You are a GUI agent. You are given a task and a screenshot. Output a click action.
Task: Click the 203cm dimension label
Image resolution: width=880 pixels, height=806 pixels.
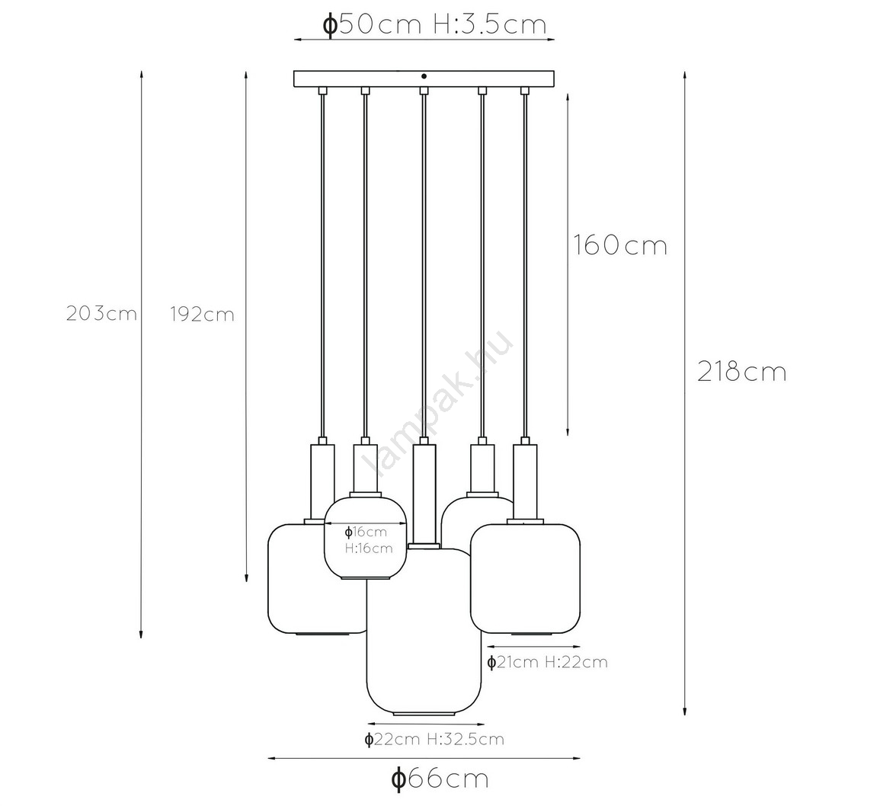(101, 313)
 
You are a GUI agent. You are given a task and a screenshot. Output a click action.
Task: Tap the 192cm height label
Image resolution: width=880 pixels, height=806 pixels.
(202, 315)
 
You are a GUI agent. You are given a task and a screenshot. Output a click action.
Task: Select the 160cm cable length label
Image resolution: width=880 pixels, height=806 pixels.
(620, 245)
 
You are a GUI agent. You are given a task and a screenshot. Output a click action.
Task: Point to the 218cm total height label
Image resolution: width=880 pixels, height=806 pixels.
(742, 372)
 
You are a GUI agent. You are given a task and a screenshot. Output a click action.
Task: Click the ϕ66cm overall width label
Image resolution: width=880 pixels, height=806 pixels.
(440, 779)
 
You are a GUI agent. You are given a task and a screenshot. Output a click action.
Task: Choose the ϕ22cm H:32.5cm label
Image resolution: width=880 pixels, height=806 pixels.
(434, 739)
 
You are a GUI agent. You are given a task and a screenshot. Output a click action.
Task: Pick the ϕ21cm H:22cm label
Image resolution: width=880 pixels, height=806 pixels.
(547, 662)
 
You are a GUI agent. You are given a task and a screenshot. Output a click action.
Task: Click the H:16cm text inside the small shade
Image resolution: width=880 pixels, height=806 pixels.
(369, 548)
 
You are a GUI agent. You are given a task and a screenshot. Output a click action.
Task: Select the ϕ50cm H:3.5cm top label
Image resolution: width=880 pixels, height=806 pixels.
(434, 24)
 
